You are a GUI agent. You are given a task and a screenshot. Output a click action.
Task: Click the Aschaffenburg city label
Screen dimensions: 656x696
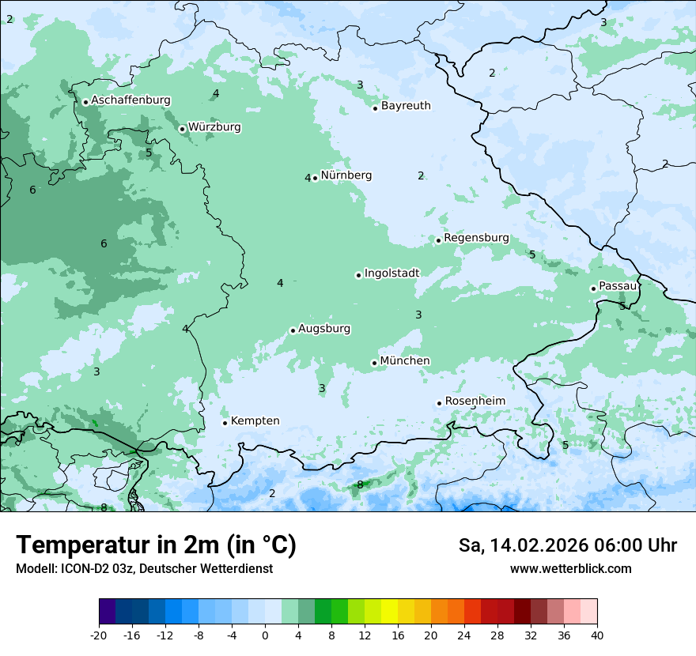pos(130,100)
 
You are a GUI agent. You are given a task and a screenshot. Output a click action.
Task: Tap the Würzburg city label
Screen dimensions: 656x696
pos(214,127)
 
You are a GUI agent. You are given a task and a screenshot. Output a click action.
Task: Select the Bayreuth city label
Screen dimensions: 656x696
pos(406,106)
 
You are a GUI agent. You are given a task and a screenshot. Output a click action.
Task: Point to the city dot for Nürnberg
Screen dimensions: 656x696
pos(315,178)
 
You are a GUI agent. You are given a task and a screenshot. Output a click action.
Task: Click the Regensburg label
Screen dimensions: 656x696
pos(476,238)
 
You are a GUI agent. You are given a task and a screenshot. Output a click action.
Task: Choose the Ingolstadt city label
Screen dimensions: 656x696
pos(391,273)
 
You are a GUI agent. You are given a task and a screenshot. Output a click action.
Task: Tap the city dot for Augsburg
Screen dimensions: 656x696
pos(293,330)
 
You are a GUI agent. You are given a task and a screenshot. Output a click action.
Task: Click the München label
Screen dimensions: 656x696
pos(405,361)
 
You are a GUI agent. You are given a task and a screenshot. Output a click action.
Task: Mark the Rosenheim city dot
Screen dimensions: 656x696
pos(439,403)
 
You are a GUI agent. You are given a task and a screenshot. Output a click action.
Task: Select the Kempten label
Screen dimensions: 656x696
pos(255,421)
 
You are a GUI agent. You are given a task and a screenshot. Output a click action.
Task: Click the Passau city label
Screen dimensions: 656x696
pos(618,286)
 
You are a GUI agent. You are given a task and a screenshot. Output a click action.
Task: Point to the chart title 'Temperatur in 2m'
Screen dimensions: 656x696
pos(156,545)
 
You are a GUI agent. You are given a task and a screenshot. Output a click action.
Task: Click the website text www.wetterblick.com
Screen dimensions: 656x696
pos(570,569)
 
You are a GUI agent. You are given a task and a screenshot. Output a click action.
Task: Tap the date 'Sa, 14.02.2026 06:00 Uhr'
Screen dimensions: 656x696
pos(567,545)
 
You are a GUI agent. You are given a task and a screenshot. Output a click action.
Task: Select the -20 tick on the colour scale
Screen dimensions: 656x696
pos(99,635)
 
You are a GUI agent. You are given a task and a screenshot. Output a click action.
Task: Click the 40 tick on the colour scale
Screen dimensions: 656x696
pos(597,635)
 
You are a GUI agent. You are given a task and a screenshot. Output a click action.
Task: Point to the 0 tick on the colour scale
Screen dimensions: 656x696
pos(265,635)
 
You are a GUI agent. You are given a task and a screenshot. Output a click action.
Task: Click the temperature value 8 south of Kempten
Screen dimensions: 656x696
pos(360,484)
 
